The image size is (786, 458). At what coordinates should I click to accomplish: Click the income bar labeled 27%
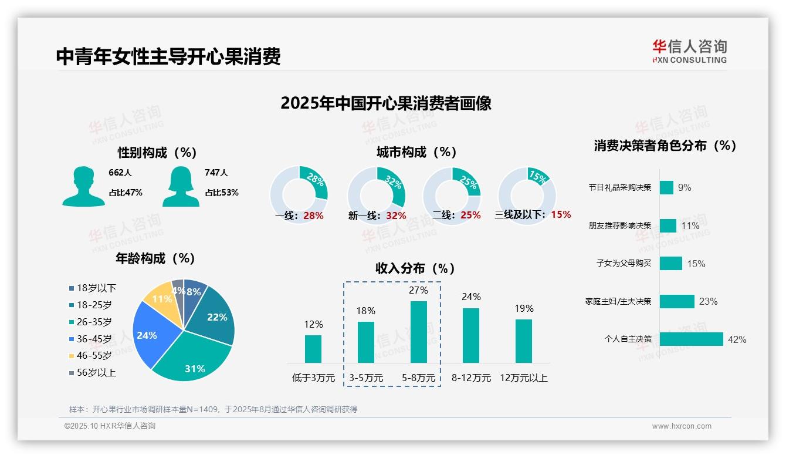coord(419,332)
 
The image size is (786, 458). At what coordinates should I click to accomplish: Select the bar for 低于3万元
coord(313,349)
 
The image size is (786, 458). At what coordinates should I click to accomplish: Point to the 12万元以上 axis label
coord(524,378)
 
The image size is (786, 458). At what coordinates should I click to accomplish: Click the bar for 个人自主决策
coord(691,339)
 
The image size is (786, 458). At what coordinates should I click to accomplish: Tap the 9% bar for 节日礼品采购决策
coord(666,187)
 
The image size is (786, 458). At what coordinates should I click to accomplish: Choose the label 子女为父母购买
coord(624,263)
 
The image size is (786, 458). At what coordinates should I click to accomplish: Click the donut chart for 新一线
coord(377,195)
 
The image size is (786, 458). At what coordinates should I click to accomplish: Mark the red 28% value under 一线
coord(313,215)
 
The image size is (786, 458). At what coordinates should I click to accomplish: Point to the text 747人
coord(216,173)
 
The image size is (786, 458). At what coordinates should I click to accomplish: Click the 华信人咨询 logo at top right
coord(689,51)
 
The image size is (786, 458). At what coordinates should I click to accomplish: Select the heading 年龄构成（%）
coord(155,258)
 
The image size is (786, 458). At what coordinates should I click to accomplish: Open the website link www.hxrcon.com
coord(681,426)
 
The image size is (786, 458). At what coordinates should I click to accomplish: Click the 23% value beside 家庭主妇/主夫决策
coord(708,301)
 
